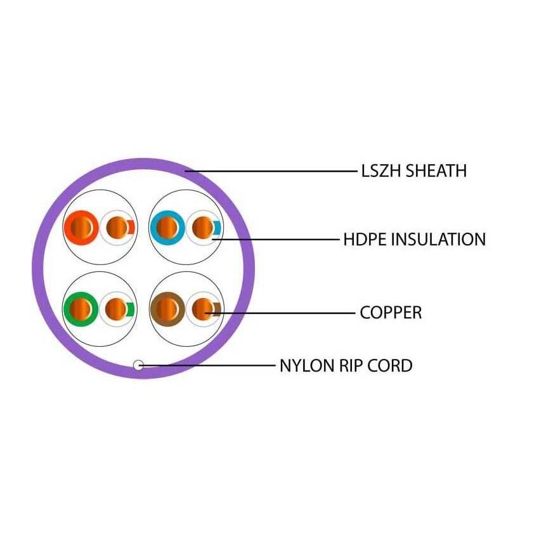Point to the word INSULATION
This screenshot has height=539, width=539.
click(438, 240)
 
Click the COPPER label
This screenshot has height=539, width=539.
click(391, 313)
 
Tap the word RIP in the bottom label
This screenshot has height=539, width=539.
click(348, 366)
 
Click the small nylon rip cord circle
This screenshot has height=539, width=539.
click(139, 365)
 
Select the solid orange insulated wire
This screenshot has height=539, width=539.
click(81, 227)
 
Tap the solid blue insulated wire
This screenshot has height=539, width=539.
click(166, 227)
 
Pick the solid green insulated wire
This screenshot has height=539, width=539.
click(81, 309)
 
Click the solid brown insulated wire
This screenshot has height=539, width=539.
click(166, 309)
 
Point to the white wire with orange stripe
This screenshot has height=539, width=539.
click(118, 227)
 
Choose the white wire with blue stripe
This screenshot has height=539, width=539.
click(204, 227)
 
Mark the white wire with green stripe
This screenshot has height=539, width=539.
click(118, 309)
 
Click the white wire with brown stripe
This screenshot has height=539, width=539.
click(204, 309)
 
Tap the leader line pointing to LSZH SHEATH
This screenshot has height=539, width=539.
click(273, 171)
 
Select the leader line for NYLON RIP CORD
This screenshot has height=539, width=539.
click(209, 365)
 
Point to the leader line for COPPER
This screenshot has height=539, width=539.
click(285, 313)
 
